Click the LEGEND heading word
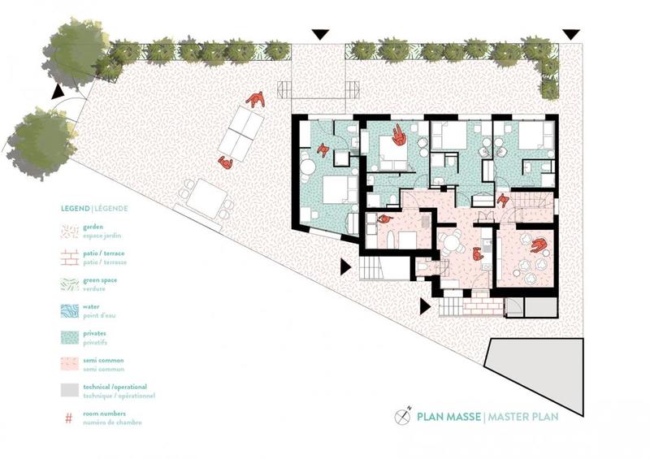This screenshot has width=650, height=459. click(76, 208)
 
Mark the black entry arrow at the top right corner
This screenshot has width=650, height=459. click(571, 34)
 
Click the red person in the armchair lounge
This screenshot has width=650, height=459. click(537, 244)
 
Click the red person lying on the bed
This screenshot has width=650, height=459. click(399, 136)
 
